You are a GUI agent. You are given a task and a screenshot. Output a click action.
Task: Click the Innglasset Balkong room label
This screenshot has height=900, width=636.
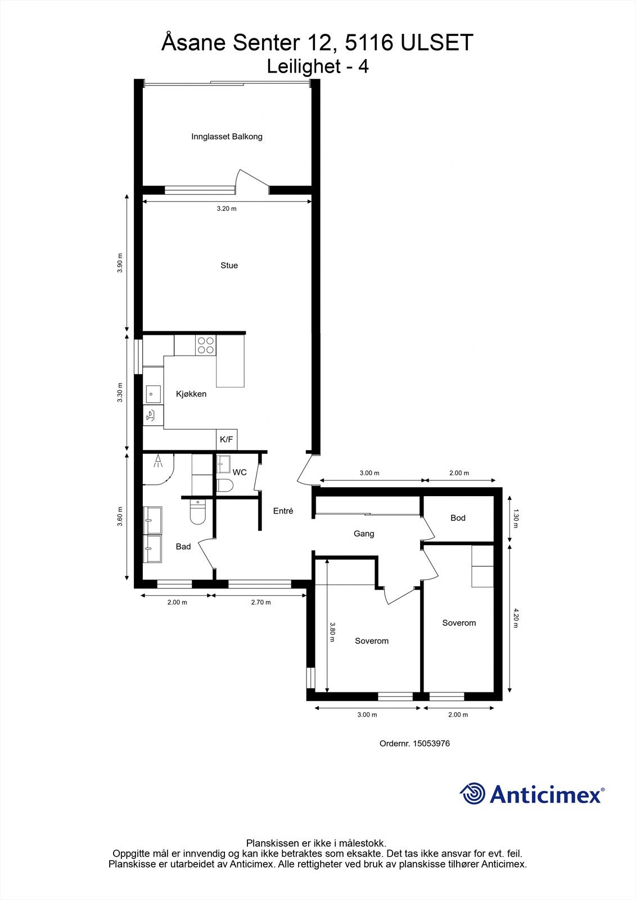tap(227, 137)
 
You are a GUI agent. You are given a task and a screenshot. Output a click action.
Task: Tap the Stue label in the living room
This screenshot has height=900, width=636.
tap(229, 265)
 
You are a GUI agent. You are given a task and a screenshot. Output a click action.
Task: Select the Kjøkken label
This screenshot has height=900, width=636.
tap(191, 394)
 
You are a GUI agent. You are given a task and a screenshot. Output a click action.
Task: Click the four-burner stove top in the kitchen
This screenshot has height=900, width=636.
tap(206, 345)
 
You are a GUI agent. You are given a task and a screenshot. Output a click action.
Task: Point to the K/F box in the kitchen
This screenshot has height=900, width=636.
tap(226, 439)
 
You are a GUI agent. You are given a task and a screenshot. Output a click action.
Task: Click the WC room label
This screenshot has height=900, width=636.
tap(240, 472)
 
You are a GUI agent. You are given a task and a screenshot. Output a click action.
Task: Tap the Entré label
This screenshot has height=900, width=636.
tap(283, 511)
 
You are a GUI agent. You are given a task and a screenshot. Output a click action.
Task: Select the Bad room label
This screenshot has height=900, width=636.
tap(183, 546)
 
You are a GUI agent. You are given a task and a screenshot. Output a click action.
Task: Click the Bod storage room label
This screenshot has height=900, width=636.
tap(458, 518)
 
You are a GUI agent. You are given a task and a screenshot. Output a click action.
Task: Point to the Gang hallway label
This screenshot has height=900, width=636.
tap(364, 534)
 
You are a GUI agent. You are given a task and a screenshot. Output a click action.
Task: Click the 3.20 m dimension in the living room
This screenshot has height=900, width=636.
tap(227, 209)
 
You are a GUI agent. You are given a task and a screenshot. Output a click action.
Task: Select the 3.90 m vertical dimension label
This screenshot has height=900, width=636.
tap(120, 263)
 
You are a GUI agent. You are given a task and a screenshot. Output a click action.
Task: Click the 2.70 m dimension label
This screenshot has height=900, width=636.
tap(260, 602)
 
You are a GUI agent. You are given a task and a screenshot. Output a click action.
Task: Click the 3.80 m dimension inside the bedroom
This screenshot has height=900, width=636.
tap(332, 632)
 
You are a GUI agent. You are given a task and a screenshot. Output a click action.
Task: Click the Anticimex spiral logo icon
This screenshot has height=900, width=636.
tap(472, 794)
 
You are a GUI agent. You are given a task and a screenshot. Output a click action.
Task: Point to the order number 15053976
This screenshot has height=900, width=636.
tap(431, 744)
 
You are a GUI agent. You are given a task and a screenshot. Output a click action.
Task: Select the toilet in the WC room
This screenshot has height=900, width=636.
tap(225, 486)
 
